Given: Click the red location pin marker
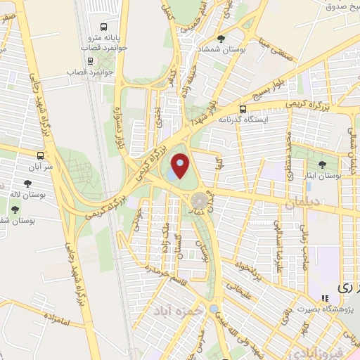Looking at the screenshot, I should (180, 167).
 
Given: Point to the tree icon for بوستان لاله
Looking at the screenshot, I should (27, 184).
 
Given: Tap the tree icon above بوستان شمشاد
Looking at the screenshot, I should (222, 39).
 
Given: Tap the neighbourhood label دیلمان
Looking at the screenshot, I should (302, 203).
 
